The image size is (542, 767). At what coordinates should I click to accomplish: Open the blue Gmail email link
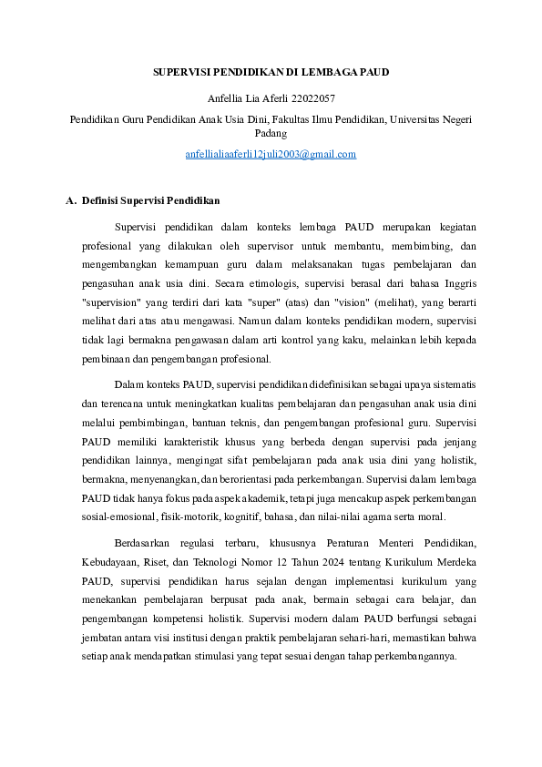point(271,154)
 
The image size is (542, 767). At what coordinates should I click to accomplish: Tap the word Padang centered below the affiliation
point(271,133)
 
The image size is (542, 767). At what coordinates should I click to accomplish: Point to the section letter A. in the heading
point(72,200)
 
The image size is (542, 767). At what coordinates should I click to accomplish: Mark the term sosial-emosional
point(115,517)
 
